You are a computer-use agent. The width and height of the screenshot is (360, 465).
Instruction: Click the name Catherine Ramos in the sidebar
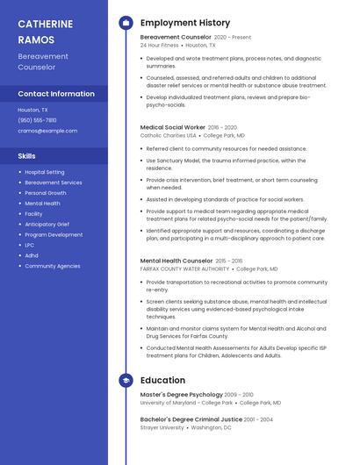42,31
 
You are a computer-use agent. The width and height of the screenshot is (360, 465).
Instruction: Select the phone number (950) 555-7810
37,120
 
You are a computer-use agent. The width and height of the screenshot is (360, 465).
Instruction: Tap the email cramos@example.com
47,131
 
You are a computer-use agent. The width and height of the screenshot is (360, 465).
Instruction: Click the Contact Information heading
56,94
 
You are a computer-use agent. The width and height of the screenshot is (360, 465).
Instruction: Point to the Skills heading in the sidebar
27,155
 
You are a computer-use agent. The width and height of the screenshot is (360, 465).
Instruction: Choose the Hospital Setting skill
45,172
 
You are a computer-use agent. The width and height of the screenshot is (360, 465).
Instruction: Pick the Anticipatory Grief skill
47,225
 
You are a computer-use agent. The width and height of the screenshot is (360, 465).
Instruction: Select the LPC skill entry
30,246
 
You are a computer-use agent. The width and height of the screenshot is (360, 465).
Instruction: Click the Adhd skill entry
32,255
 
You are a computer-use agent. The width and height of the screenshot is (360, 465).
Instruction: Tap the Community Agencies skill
53,266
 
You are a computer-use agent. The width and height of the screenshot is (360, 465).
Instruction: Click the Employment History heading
185,23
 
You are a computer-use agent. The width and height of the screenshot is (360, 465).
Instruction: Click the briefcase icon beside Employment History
126,23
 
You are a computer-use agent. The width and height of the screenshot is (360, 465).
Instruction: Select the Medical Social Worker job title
173,127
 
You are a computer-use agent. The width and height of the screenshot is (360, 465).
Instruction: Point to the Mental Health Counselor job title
176,261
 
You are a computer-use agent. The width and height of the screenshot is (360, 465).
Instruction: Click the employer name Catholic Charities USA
169,136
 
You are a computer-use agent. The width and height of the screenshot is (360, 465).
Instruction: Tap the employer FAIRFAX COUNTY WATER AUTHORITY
184,269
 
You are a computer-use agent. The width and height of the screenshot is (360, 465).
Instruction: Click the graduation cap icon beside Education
126,380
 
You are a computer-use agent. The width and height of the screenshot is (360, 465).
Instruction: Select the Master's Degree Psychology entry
182,395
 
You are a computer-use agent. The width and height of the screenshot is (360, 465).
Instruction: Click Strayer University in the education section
162,428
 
